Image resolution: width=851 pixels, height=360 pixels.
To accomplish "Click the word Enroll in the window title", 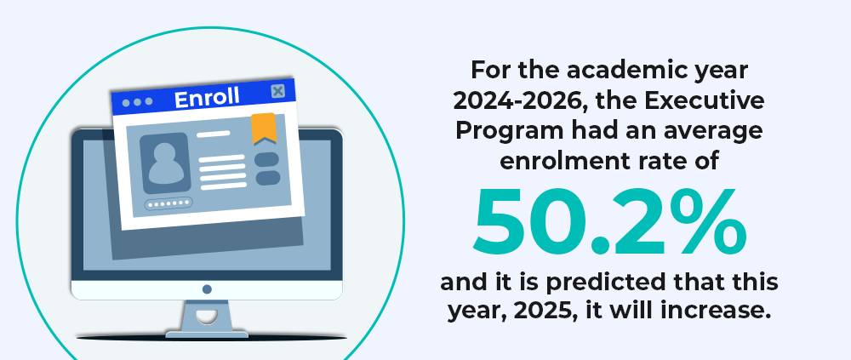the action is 207,98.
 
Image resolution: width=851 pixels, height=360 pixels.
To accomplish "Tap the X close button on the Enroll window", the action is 278,91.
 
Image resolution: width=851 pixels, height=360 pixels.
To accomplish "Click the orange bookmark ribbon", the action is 264,129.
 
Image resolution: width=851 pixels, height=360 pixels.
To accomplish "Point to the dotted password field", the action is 168,203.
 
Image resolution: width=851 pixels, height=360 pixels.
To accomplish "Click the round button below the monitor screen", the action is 207,289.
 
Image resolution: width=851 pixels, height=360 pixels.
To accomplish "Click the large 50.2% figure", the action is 609,222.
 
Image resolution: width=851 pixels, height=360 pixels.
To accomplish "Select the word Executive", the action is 711,100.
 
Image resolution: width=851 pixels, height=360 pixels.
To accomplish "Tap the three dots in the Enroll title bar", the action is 137,102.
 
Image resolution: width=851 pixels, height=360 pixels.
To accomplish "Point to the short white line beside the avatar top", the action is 214,134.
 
